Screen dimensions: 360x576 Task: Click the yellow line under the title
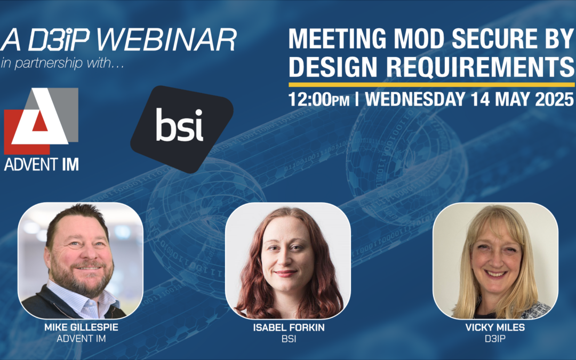click(431, 84)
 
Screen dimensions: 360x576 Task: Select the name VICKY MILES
click(495, 327)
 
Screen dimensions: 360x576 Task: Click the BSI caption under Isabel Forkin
click(287, 338)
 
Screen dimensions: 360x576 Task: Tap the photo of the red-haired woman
click(287, 261)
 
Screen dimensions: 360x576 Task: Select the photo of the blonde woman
click(495, 261)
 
